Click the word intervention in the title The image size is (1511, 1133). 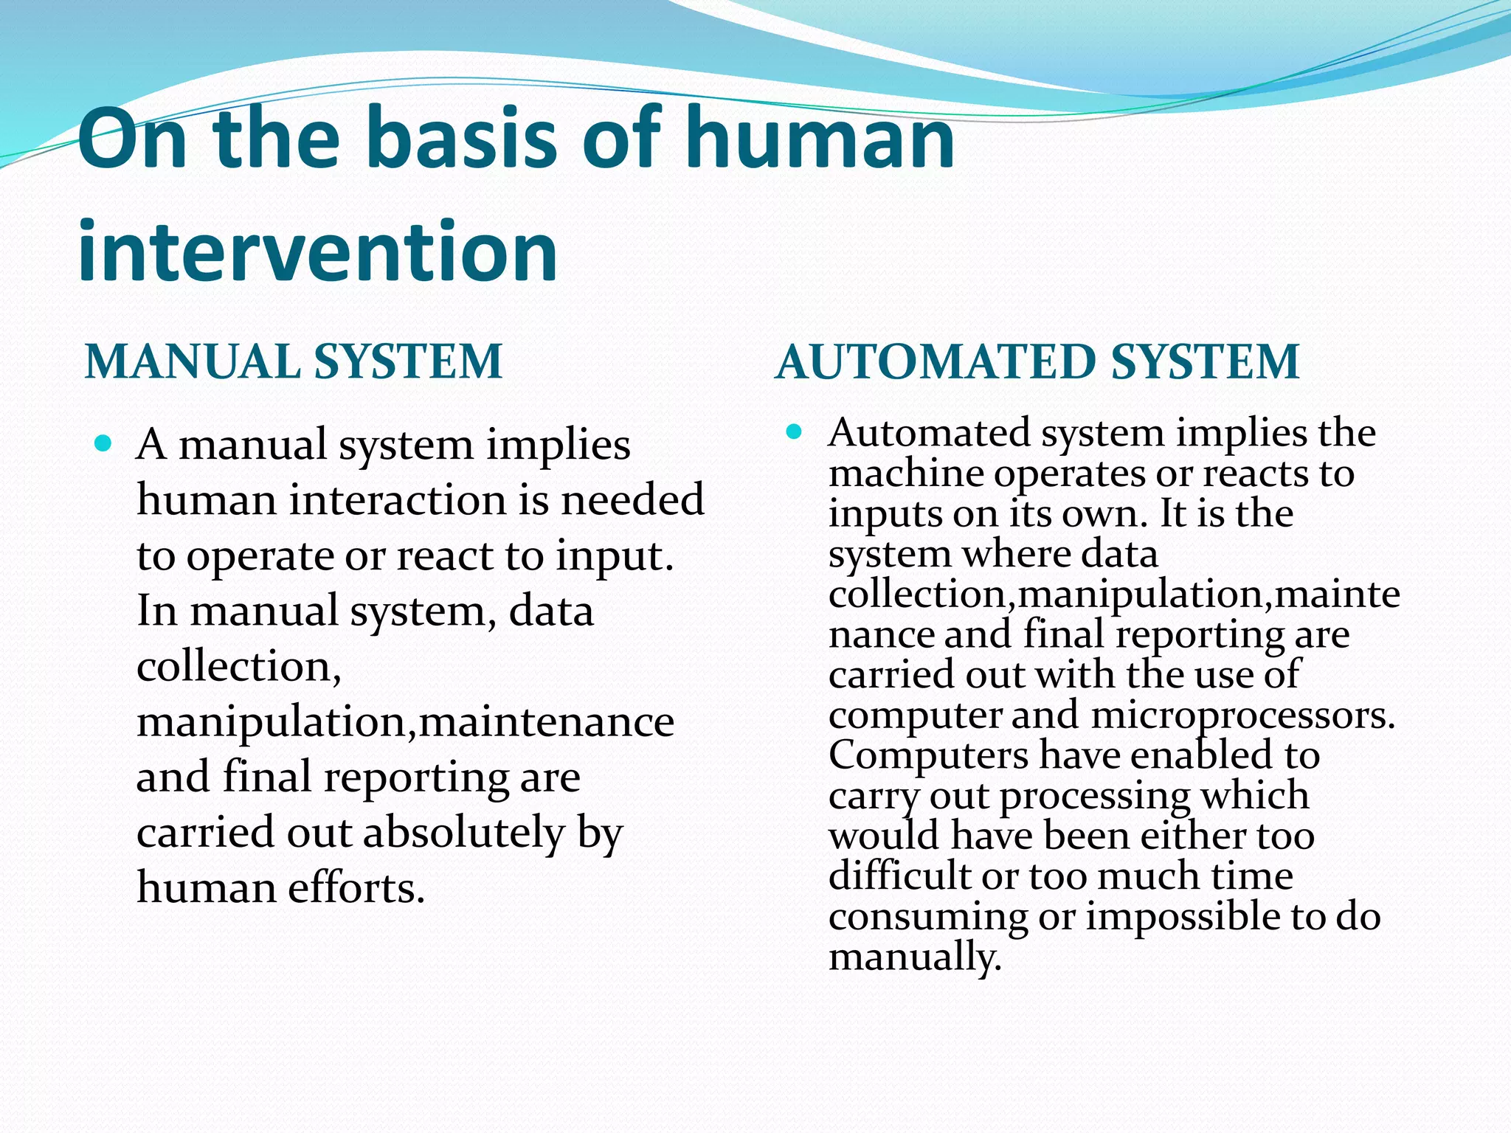317,252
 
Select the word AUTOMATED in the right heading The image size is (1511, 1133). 936,362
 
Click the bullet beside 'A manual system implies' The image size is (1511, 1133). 103,444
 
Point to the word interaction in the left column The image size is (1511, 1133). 396,500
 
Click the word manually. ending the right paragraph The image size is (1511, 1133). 915,957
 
